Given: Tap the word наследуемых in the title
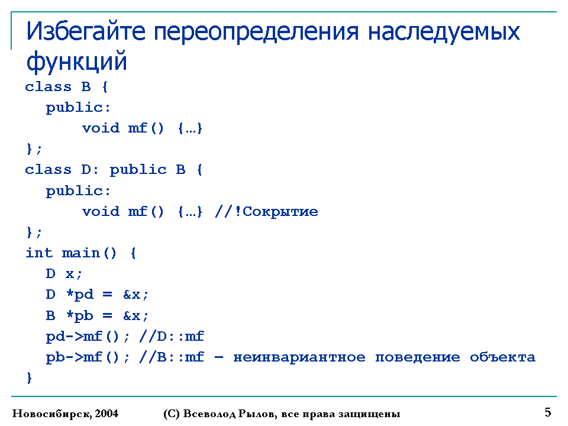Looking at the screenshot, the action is tap(444, 33).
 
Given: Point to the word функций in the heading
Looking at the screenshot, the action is tap(76, 62).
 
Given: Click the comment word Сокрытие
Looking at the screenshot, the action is tap(280, 212).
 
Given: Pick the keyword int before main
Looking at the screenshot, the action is tap(39, 253).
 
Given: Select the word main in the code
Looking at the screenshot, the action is tap(81, 253).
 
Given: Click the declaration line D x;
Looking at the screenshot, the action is tap(64, 273).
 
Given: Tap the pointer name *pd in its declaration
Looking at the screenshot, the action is tap(80, 295).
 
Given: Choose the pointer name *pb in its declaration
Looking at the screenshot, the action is tap(80, 315).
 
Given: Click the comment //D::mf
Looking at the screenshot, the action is tap(172, 337).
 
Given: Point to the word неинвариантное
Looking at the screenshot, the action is tap(299, 357).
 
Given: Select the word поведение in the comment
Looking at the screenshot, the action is tap(418, 357).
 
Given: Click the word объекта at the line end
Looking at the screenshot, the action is tap(502, 357).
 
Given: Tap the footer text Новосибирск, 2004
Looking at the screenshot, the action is tap(65, 414).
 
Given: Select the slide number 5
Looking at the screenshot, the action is tap(548, 412).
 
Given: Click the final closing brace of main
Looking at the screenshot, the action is tap(30, 378).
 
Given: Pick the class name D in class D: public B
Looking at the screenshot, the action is tap(86, 170).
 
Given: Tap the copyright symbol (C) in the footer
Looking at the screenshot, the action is tap(172, 414).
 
